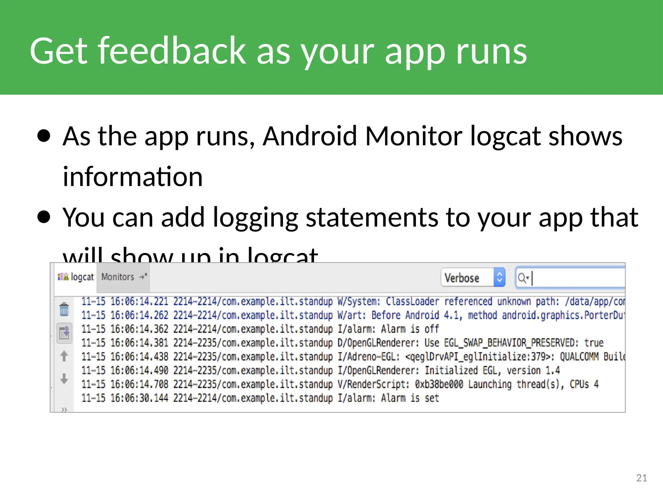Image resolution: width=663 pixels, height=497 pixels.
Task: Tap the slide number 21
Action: (x=641, y=478)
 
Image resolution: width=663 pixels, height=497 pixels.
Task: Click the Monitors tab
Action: (x=118, y=277)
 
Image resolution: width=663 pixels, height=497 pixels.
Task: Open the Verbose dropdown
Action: (x=473, y=278)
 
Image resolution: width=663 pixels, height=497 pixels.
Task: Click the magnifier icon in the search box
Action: (x=522, y=278)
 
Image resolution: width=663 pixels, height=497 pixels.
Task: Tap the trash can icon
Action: (x=64, y=309)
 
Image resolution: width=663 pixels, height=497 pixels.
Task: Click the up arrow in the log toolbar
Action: (x=64, y=356)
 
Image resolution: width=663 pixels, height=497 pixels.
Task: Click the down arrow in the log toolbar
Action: (x=64, y=378)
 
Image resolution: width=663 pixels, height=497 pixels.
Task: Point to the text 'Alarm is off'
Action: (x=410, y=329)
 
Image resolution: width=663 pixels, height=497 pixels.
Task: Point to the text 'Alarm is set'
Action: (x=410, y=398)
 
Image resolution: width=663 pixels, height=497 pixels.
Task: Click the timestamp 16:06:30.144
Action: (x=139, y=398)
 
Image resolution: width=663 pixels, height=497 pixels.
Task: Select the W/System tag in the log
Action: (x=358, y=302)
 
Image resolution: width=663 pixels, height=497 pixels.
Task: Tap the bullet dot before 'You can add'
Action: (x=44, y=217)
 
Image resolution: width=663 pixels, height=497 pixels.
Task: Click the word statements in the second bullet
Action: (x=372, y=217)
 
